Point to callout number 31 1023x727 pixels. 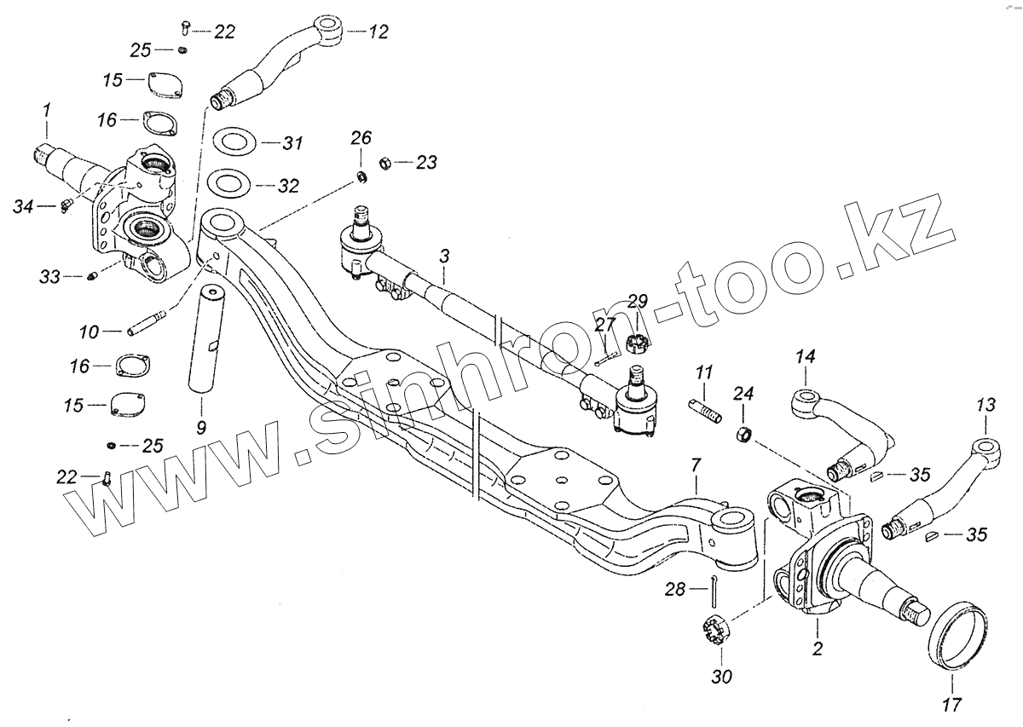(292, 143)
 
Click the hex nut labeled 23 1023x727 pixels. (384, 161)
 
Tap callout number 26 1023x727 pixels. (361, 137)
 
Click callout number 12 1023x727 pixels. (378, 32)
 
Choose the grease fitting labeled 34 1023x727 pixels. (67, 205)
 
